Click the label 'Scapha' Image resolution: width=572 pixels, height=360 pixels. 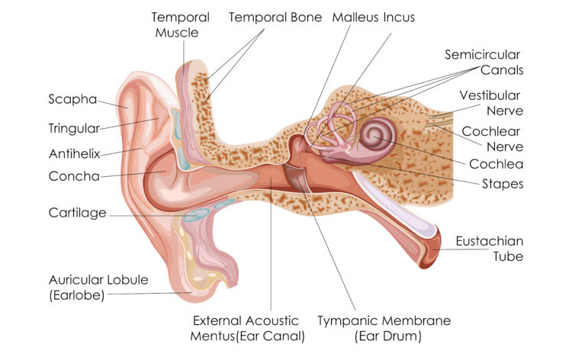pos(72,99)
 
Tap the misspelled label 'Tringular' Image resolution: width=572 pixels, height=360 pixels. pos(74,128)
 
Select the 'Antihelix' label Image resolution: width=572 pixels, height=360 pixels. pos(75,154)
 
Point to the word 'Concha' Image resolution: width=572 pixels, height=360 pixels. pos(74,176)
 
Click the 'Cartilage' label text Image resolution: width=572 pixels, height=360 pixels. pos(77,213)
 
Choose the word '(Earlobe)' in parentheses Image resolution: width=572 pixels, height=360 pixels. pos(77,294)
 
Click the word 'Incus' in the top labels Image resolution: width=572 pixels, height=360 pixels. pos(399,17)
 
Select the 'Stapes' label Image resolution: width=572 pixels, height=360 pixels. pos(503,184)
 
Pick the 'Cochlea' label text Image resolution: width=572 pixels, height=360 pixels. pos(496,164)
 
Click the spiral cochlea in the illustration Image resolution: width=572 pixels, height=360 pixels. pos(378,137)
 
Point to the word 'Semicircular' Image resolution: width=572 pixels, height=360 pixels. pos(482,55)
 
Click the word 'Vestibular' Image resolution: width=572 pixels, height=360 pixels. pos(490,95)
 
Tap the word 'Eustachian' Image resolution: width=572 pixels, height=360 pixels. pos(489,241)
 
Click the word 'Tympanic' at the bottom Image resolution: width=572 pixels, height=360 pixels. pos(344,320)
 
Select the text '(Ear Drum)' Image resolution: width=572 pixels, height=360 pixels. pos(387,336)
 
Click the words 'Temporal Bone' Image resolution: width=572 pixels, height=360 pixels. pos(275,18)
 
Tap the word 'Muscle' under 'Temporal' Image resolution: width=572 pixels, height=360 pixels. pos(177,33)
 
